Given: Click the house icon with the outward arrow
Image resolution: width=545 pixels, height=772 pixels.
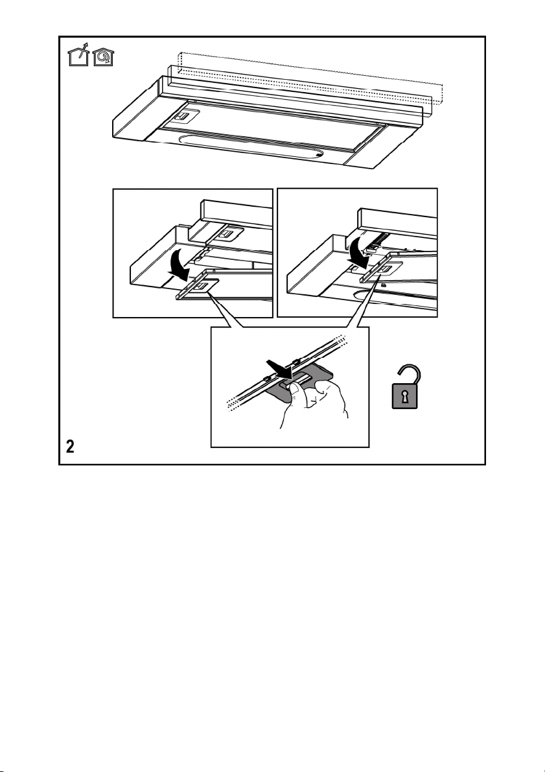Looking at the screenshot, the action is (78, 56).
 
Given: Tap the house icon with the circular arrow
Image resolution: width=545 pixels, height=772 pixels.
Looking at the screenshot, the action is (104, 56).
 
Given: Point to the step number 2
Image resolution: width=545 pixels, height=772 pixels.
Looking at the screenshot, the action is (71, 447).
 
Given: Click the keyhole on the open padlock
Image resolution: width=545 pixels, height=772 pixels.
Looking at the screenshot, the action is (404, 397).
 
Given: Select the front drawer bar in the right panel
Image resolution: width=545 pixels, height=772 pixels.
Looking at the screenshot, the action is (397, 222).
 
